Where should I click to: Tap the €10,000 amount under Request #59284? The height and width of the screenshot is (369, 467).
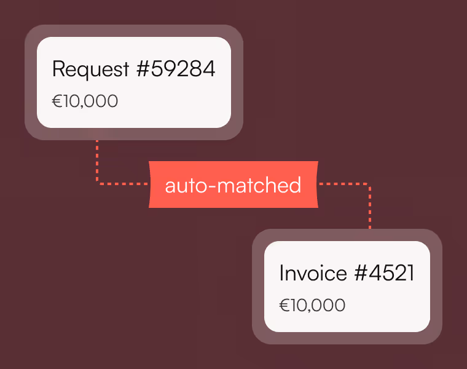85,101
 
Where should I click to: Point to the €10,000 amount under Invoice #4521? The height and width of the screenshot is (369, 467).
312,305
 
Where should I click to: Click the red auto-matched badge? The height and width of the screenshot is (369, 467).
233,184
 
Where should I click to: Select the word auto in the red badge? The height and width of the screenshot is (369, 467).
186,185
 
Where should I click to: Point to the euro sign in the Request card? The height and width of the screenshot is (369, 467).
57,101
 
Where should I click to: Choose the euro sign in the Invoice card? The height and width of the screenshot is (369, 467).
285,305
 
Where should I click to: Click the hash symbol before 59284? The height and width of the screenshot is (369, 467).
143,69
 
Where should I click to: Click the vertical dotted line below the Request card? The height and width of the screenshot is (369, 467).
97,160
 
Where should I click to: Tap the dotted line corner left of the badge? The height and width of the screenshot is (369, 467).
98,183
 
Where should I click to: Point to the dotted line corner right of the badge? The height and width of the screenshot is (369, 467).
369,184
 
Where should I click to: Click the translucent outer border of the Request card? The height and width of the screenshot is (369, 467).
31,82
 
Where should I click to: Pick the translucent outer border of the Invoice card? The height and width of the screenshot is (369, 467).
258,287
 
